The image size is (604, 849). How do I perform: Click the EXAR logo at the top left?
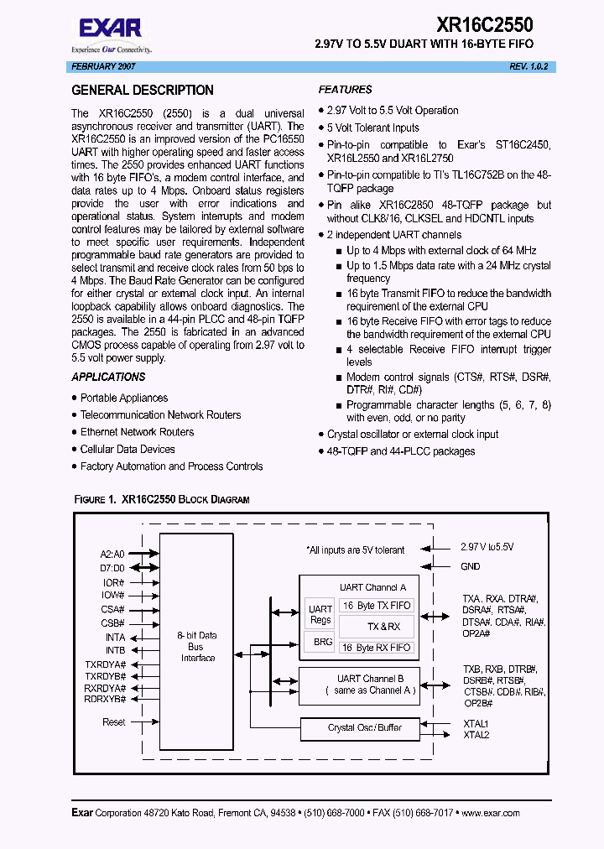[98, 31]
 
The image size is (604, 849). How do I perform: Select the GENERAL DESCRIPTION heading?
[143, 91]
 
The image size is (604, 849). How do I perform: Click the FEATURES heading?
[345, 90]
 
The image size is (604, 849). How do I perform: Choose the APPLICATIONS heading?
[108, 378]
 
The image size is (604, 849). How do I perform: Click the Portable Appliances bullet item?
[124, 398]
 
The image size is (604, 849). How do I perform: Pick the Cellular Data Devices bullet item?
[128, 449]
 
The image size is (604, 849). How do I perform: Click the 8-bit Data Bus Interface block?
[198, 647]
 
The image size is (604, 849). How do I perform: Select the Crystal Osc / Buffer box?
[365, 727]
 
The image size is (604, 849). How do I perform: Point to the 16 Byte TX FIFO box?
[376, 605]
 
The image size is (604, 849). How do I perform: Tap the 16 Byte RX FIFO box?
[376, 648]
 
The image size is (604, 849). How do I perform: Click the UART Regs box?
[320, 614]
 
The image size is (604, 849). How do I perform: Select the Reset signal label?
[114, 722]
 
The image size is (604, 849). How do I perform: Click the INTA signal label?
[115, 638]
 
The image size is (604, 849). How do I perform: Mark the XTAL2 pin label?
[476, 735]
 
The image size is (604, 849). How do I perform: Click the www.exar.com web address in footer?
[490, 813]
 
